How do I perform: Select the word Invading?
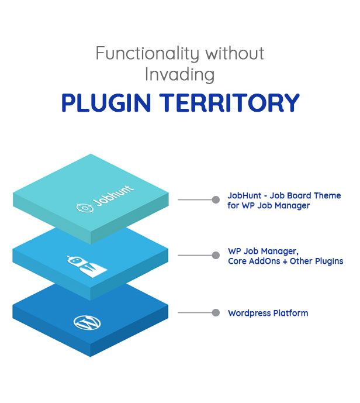(x=180, y=75)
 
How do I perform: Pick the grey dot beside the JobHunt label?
(x=216, y=199)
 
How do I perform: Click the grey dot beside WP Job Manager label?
(x=216, y=256)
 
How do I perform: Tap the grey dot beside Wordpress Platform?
(x=216, y=312)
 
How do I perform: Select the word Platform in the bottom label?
(x=290, y=313)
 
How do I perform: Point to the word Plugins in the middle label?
(x=328, y=261)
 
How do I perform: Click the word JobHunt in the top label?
(x=245, y=195)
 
